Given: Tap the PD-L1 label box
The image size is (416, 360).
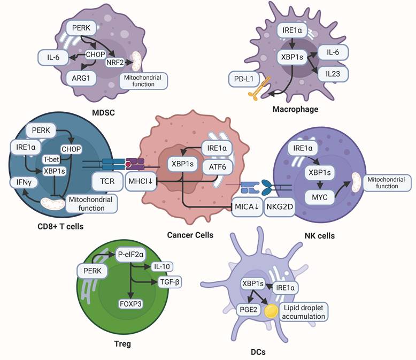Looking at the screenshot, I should pos(243,79).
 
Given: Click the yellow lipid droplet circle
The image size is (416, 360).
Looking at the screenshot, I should pos(272,311).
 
